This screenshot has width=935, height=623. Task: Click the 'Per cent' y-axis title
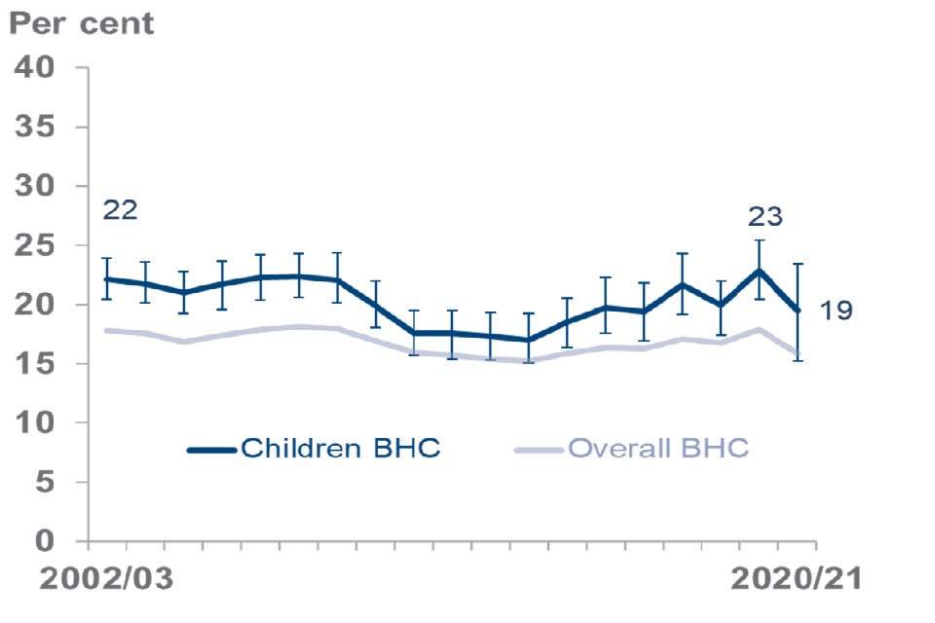tap(82, 23)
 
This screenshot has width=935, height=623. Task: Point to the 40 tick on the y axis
tap(37, 70)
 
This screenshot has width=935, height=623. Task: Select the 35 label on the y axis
tap(37, 128)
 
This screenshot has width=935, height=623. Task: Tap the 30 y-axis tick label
tap(37, 187)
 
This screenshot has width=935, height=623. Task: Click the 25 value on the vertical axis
tap(37, 246)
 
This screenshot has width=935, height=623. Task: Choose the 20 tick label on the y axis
tap(37, 306)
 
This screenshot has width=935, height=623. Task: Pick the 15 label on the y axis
tap(37, 365)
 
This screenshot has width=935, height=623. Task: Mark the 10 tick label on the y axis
tap(37, 423)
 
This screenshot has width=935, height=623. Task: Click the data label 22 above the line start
tap(120, 210)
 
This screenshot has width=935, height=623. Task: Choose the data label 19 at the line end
tap(836, 311)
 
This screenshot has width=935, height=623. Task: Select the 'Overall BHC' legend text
tap(658, 449)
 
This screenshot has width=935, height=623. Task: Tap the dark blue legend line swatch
tap(212, 450)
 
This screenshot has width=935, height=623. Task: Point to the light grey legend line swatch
tap(539, 450)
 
